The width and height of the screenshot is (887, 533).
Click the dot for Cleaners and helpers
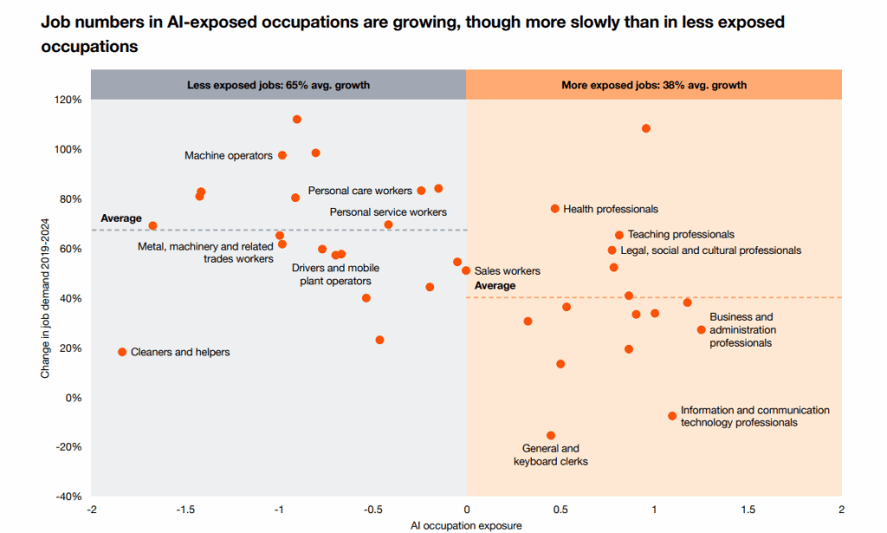(x=122, y=352)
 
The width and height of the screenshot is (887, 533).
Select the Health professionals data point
(x=555, y=209)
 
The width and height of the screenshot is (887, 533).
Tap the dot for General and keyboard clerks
(x=551, y=435)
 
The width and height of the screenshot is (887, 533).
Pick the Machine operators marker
(x=282, y=155)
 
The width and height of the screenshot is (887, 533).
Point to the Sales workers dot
(x=466, y=270)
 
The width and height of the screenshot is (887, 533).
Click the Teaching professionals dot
(x=619, y=235)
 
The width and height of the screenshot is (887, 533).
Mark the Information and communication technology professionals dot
(x=672, y=416)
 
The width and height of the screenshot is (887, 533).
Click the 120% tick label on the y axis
(x=68, y=100)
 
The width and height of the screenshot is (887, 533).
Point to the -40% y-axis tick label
(x=68, y=497)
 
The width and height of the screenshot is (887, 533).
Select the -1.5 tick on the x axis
(x=185, y=510)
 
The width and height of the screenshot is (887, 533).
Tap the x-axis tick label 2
(x=841, y=510)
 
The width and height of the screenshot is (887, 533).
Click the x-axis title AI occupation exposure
(x=466, y=525)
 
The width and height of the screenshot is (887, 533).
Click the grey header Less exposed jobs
(x=279, y=85)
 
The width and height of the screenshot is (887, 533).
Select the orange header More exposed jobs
(x=654, y=85)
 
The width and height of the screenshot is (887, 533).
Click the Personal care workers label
(x=359, y=191)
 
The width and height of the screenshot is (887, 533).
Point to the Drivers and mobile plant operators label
(x=335, y=275)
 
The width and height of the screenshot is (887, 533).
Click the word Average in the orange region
(x=495, y=286)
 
